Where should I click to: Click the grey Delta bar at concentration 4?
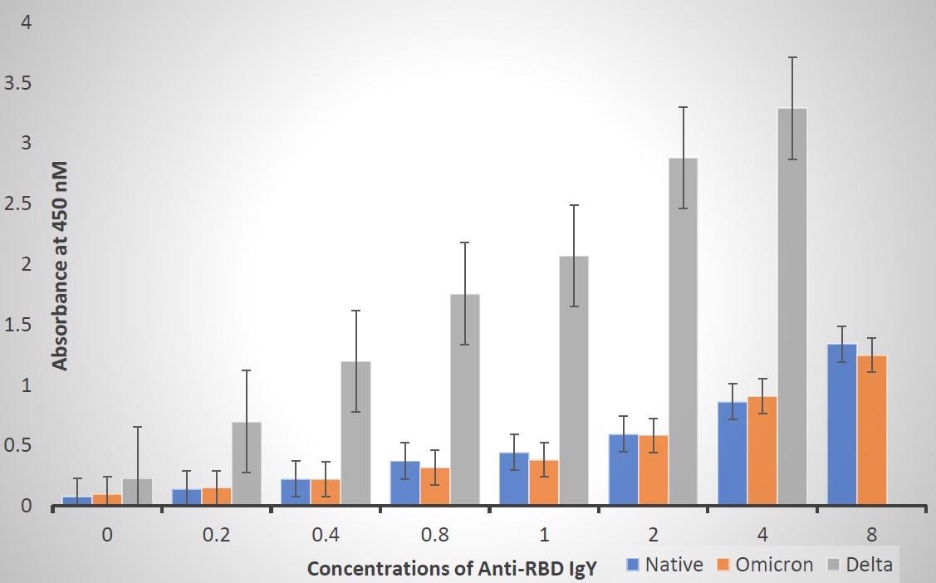(x=791, y=307)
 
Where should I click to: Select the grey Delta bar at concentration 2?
(x=683, y=332)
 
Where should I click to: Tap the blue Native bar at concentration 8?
(x=842, y=424)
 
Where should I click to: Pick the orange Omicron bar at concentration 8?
(x=872, y=430)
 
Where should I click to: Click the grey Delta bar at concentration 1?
(x=573, y=380)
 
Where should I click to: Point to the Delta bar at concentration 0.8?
(x=464, y=399)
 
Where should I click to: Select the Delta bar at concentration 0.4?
(x=355, y=432)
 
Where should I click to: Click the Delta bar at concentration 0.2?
(x=247, y=463)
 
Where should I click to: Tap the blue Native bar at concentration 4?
(x=733, y=453)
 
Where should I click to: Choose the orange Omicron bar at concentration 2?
(x=653, y=469)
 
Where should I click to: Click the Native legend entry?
(x=664, y=566)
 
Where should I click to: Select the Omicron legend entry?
(x=765, y=566)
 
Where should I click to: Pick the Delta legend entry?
(x=860, y=566)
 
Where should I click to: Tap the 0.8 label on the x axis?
(x=435, y=535)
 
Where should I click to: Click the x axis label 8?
(x=871, y=535)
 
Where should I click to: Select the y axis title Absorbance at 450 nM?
(x=59, y=266)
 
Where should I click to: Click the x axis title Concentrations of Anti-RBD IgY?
(x=452, y=569)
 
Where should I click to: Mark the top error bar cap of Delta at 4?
(x=791, y=57)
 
